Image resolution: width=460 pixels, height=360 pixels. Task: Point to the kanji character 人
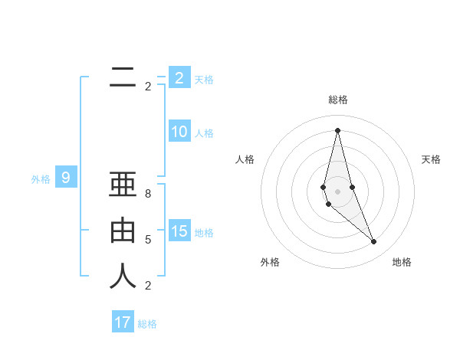tap(123, 277)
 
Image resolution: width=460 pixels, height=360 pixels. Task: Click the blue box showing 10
tap(179, 132)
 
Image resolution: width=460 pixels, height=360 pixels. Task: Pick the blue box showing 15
tap(179, 231)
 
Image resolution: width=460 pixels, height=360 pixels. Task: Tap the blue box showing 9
tap(66, 178)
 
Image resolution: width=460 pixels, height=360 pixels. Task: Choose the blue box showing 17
tap(123, 322)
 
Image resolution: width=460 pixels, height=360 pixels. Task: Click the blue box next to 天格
tap(179, 78)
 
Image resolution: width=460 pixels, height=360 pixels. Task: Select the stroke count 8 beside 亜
tap(148, 194)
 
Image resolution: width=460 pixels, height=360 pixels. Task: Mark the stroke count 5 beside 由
tap(148, 240)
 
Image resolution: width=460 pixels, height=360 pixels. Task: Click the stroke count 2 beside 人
tap(148, 286)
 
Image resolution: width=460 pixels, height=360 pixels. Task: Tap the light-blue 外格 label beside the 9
tap(41, 179)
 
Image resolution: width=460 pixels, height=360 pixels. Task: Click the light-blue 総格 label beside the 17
tap(147, 324)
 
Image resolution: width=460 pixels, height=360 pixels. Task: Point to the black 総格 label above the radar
tap(337, 100)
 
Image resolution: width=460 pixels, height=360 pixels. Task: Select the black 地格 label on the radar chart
tap(402, 262)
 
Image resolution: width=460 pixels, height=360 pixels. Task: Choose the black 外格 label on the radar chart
tap(270, 262)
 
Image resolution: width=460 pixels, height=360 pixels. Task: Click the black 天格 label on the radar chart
tap(431, 159)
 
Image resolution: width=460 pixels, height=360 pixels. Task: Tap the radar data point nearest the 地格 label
tap(373, 242)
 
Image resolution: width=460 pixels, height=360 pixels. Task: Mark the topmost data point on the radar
tap(337, 130)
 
